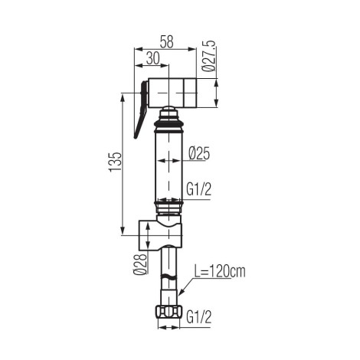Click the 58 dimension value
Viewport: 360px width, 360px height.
[167, 41]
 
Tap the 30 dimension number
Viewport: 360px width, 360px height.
[153, 58]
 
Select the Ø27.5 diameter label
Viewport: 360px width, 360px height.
[209, 56]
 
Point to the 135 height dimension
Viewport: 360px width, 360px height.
[115, 162]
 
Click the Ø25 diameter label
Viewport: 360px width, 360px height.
[199, 153]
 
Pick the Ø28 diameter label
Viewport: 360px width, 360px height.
[141, 264]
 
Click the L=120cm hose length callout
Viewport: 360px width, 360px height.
[220, 272]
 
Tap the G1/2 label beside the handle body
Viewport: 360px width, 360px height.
[199, 190]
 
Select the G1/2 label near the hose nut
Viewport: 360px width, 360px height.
[199, 317]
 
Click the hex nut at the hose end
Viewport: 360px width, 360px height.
[169, 312]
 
